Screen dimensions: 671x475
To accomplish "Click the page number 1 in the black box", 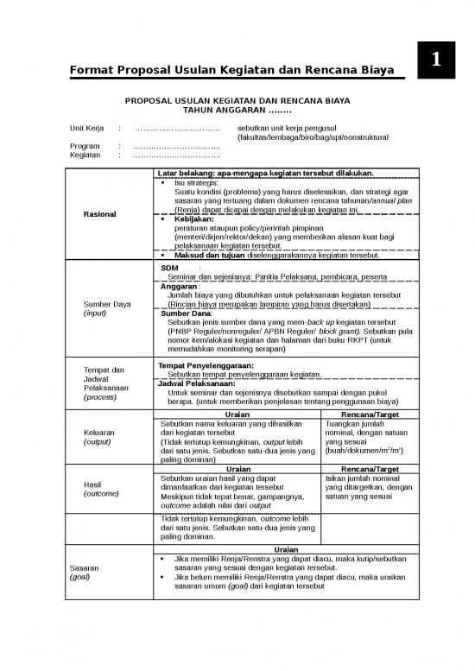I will click(437, 61).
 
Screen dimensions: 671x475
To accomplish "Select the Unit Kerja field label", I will click(87, 129).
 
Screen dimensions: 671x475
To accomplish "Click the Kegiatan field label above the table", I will click(85, 156).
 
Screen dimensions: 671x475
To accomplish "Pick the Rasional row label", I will click(101, 214).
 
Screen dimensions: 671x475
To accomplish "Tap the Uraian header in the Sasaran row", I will click(286, 550).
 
